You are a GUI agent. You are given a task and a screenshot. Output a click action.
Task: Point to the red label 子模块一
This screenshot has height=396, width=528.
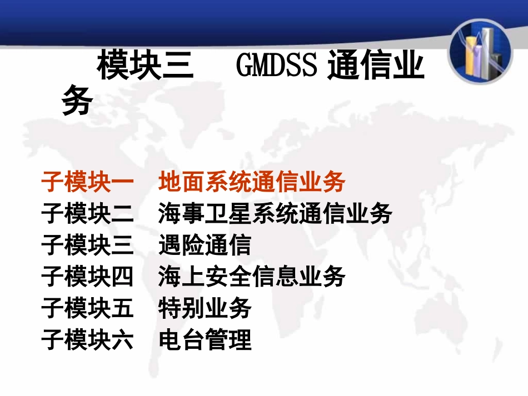87,182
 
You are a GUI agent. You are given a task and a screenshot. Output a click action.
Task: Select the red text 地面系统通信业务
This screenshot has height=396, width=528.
252,182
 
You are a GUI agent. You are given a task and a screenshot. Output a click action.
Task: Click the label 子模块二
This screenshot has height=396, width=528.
87,214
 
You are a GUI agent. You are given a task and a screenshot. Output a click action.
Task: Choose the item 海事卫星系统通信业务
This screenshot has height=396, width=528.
275,214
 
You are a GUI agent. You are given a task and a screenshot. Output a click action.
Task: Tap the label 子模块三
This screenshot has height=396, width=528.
87,245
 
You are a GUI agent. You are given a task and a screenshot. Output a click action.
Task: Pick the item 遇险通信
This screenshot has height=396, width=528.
205,245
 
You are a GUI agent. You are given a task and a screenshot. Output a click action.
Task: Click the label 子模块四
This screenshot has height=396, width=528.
87,277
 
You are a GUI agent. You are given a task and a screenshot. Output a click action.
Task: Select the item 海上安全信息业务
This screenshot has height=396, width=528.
252,277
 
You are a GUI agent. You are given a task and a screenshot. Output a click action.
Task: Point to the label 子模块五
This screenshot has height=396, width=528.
87,308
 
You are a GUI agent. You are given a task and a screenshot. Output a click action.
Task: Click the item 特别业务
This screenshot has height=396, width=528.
205,308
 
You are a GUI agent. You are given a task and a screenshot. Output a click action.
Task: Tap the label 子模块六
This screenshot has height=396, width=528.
87,339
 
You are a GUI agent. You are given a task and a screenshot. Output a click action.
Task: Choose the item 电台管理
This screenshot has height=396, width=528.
205,339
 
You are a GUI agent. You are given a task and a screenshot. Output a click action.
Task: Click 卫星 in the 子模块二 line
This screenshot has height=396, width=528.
216,214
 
